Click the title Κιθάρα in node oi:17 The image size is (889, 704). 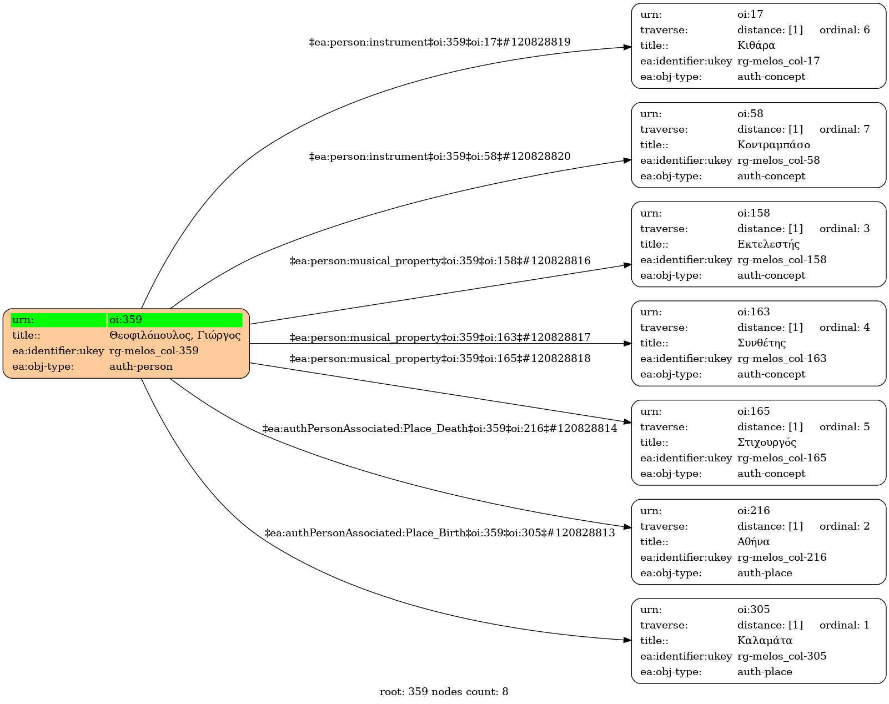point(756,46)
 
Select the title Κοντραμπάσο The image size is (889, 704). point(774,145)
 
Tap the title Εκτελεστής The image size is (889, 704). point(769,244)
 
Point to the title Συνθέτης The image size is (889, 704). point(761,343)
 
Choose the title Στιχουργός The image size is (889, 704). point(767,442)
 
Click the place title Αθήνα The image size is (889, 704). point(754,542)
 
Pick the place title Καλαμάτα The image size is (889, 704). point(765,641)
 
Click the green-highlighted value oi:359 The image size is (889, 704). point(125,320)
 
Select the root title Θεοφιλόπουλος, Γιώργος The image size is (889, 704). point(175,335)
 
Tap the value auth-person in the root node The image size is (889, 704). point(141,366)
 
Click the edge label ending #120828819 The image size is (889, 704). point(440,42)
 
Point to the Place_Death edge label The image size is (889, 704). point(440,429)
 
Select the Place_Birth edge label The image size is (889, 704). point(440,533)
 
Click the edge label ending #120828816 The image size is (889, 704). point(440,261)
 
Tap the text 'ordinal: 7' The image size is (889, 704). point(845,129)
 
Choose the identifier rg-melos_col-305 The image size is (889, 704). point(782,656)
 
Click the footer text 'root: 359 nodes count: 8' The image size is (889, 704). point(444,692)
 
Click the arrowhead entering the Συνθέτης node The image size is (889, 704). point(627,344)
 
